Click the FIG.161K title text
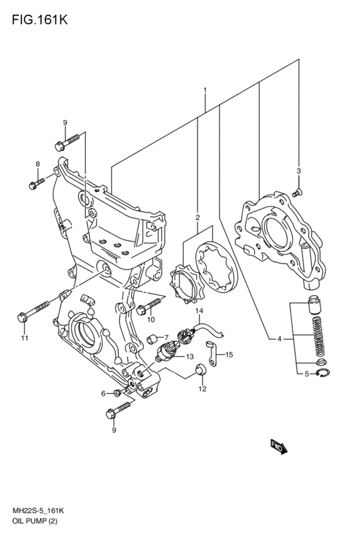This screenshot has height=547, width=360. (39, 20)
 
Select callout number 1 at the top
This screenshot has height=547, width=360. (205, 91)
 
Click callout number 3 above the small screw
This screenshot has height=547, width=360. (298, 171)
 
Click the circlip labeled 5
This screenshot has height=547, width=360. (323, 373)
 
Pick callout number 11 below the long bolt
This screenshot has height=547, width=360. (24, 337)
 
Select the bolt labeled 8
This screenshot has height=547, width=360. (37, 183)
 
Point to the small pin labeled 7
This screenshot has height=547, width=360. (152, 338)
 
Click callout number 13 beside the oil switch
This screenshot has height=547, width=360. (190, 357)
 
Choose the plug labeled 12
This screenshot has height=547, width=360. (200, 369)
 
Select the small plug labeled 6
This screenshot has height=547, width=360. (118, 393)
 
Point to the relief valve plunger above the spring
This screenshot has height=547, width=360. (314, 304)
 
